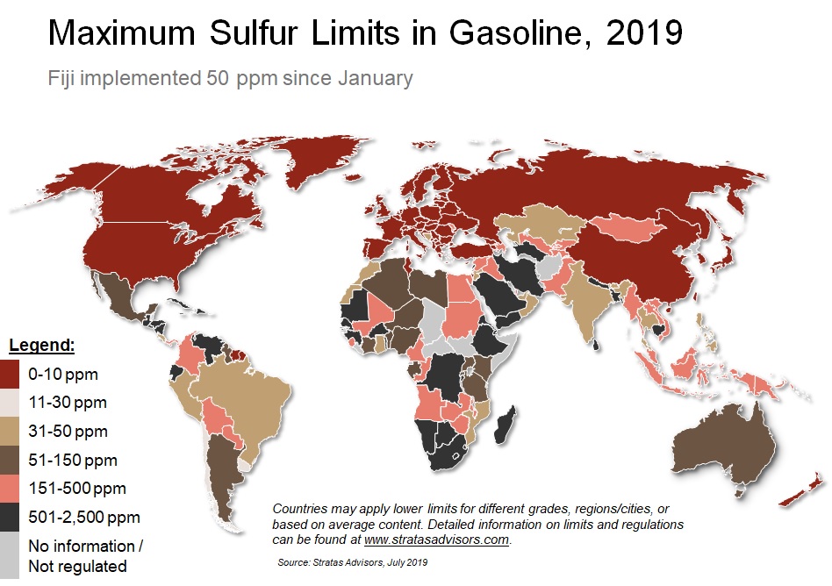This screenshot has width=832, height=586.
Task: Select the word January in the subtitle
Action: pyautogui.click(x=373, y=78)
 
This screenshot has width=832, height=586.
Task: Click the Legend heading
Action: pyautogui.click(x=41, y=345)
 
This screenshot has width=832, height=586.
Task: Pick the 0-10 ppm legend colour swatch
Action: pyautogui.click(x=11, y=375)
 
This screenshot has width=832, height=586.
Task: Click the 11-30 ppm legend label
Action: pyautogui.click(x=67, y=403)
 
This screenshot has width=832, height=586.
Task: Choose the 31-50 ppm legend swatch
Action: pyautogui.click(x=11, y=432)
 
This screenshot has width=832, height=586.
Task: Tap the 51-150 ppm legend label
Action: pyautogui.click(x=72, y=460)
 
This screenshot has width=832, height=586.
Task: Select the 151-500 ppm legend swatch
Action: pyautogui.click(x=11, y=489)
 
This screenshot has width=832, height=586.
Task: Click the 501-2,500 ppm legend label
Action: pyautogui.click(x=83, y=517)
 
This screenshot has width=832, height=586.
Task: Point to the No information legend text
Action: pyautogui.click(x=82, y=546)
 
